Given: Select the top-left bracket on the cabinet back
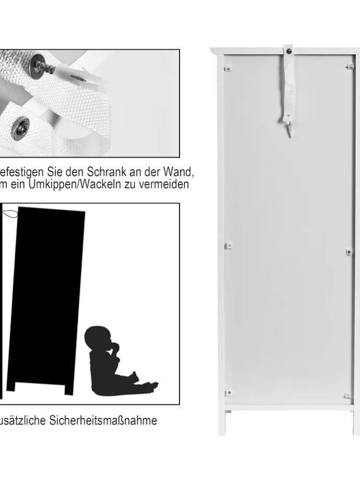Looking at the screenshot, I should coord(227,67).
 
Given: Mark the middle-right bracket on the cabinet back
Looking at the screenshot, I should coord(349,252).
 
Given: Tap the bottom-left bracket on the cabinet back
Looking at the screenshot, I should coord(228,393).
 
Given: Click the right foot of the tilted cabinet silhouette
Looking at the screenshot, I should coord(68,389).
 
